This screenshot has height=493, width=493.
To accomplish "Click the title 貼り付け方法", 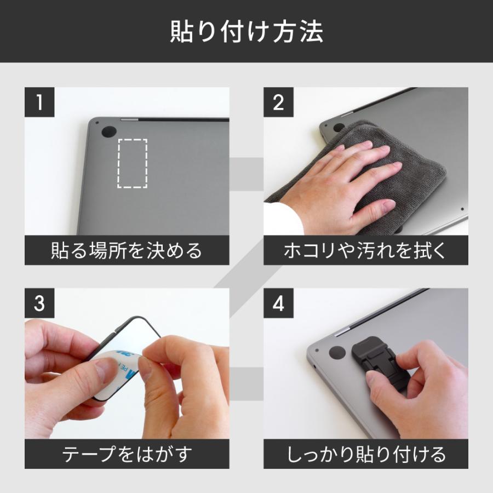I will coord(246,32).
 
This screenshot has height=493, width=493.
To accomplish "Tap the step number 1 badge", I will coord(39,103).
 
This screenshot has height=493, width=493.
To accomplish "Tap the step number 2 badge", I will coord(279,103).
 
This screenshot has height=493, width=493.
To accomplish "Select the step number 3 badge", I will coord(39,303).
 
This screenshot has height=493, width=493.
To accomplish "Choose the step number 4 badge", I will coord(279,303).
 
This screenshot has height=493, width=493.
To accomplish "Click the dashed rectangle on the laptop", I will coord(133,163).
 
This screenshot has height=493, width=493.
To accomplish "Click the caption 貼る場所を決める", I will coord(127,251).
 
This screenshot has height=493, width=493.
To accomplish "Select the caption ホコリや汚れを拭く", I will coord(365,251).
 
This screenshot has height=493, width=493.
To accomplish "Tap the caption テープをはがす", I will coord(127,454).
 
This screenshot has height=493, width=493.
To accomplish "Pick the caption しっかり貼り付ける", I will coord(365,454).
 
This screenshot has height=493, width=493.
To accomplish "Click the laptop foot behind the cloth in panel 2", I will coord(339,128).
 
